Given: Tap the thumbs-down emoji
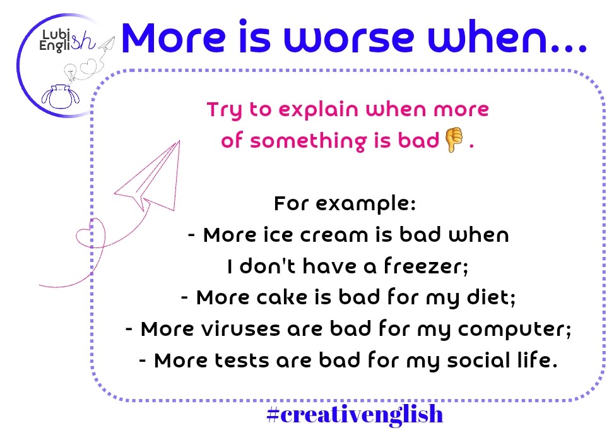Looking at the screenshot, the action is pos(454,140).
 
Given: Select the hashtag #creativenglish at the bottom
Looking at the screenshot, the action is pos(355,414).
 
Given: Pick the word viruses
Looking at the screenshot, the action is pos(240,328).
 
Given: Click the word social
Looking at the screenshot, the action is pos(478,360).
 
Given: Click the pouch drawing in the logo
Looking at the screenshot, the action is pos(61,97).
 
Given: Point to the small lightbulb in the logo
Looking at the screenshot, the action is pos(71,72).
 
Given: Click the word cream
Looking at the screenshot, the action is pos(334,235).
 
